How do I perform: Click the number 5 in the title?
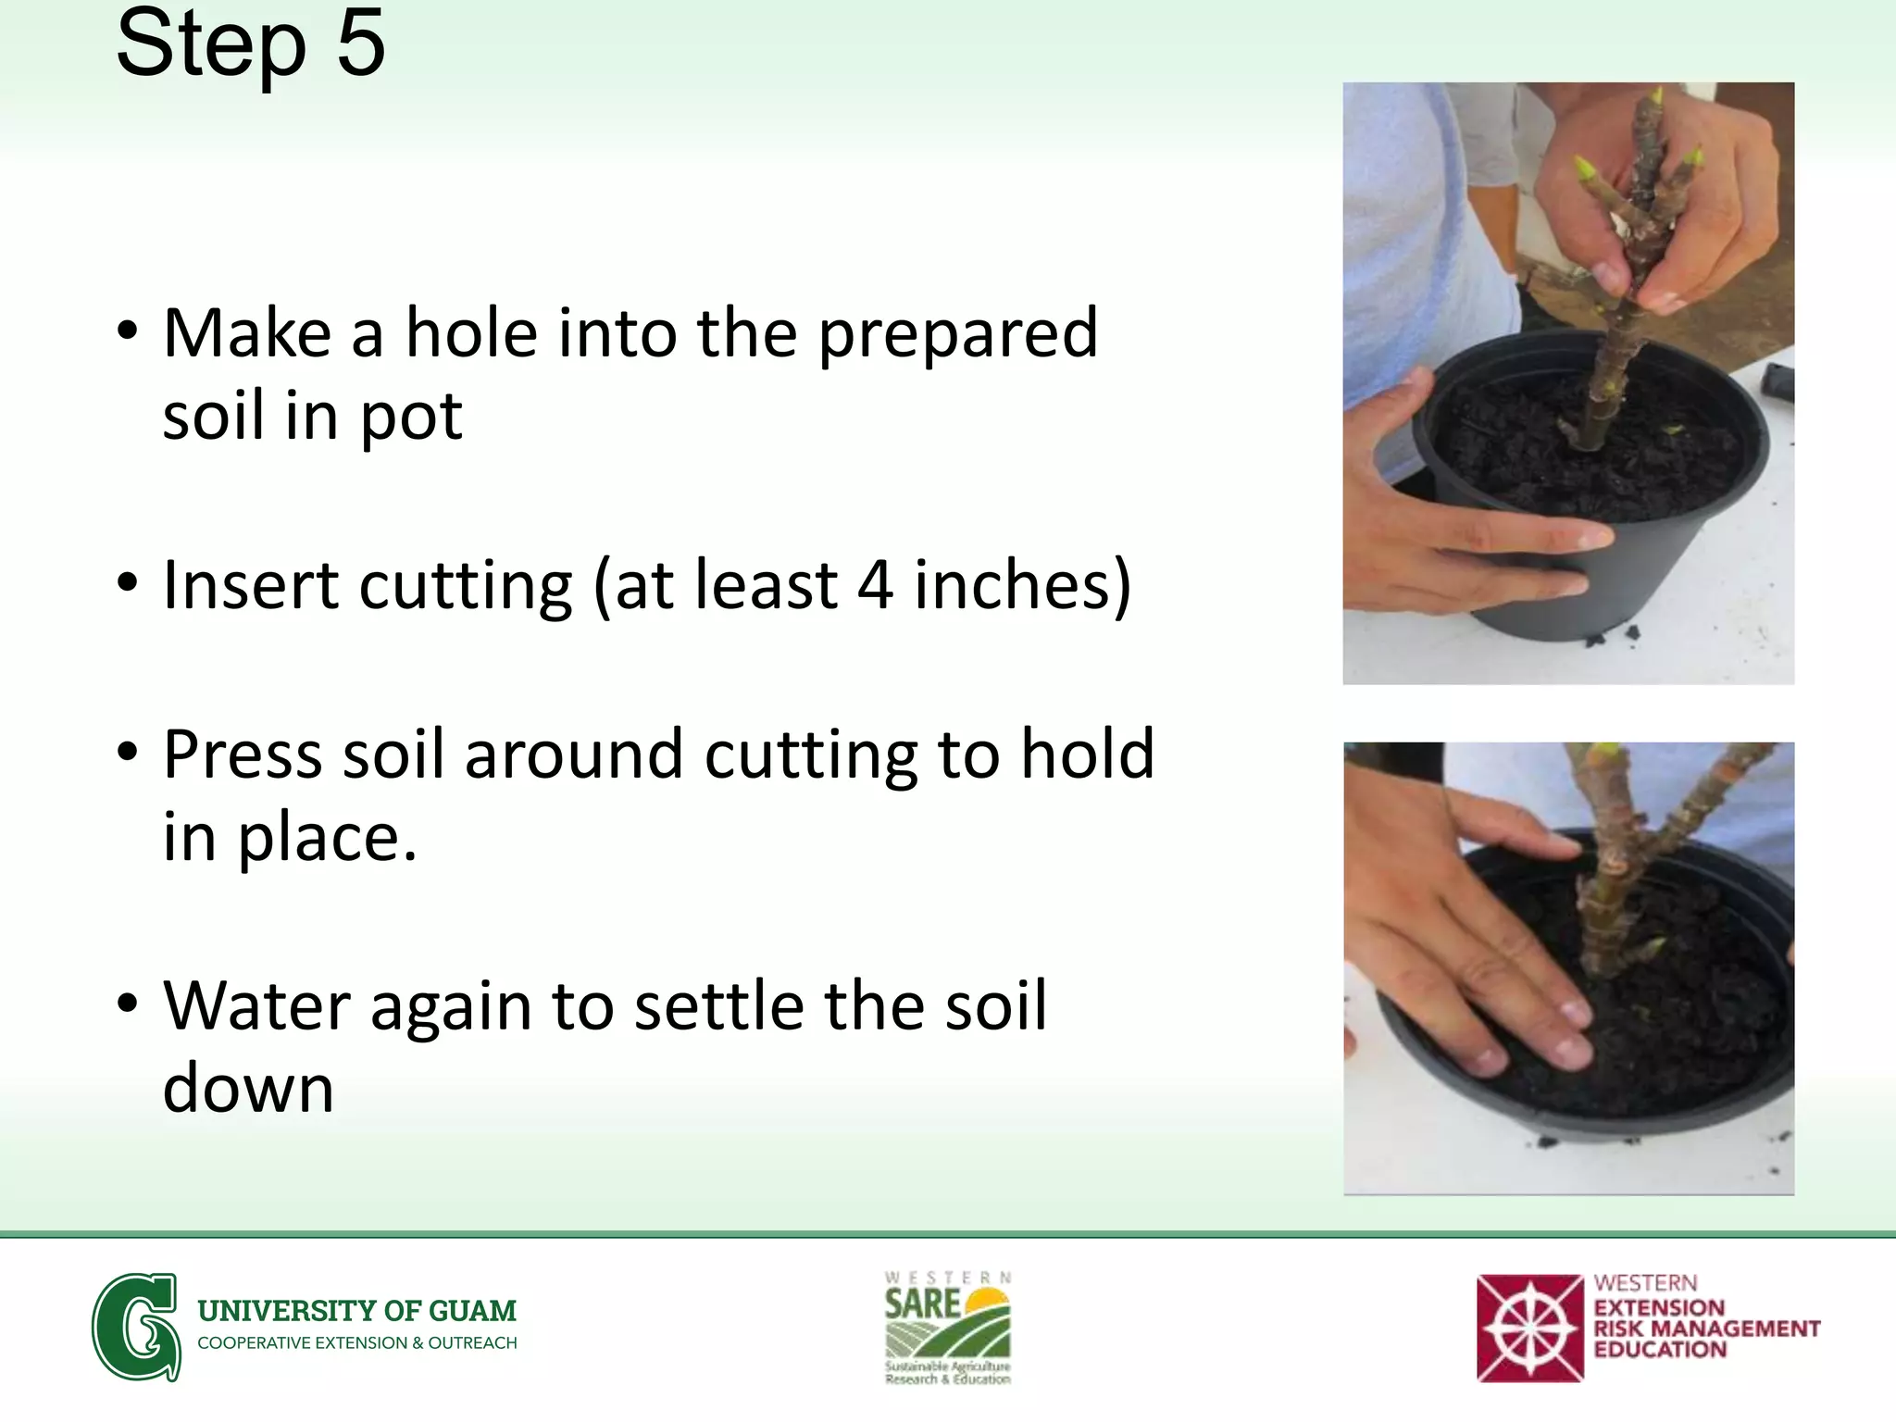coord(360,44)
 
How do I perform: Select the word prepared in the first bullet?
coord(958,335)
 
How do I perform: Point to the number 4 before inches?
coord(875,585)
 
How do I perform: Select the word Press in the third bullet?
coord(243,755)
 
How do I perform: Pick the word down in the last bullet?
coord(248,1090)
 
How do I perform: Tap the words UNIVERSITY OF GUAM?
coord(357,1311)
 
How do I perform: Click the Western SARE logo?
coord(947,1328)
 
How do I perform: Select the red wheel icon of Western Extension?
coord(1529,1328)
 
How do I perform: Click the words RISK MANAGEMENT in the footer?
coord(1706,1329)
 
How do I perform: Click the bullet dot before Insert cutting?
coord(128,583)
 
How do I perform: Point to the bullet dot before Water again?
coord(128,1004)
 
